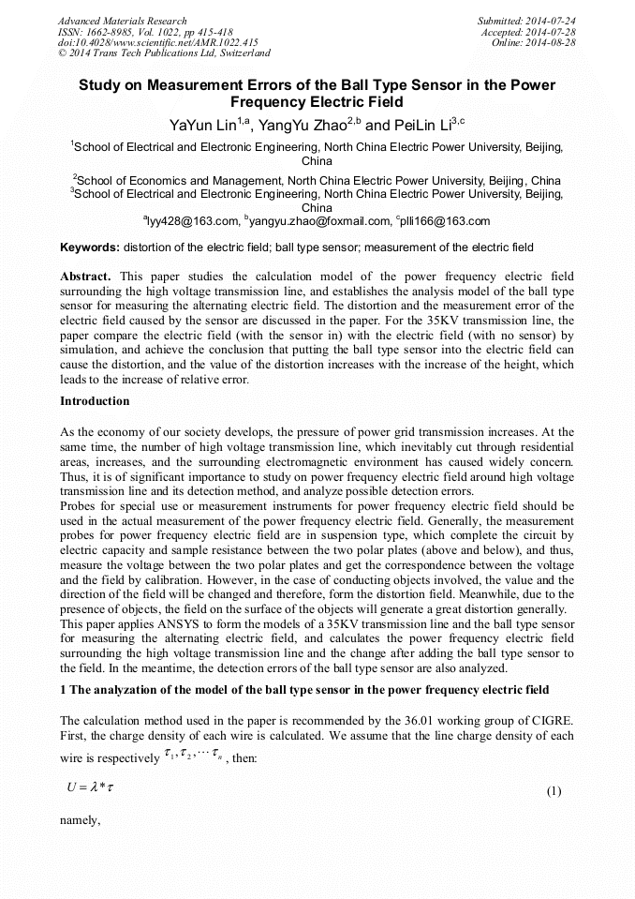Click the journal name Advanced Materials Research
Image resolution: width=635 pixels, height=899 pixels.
click(x=123, y=21)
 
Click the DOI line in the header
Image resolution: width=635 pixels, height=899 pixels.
click(x=157, y=43)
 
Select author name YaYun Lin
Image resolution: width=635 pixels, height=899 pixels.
click(x=201, y=125)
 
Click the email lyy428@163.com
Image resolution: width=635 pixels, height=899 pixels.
click(x=192, y=221)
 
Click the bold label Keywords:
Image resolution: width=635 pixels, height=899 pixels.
click(x=89, y=248)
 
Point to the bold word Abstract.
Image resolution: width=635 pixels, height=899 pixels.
click(x=85, y=277)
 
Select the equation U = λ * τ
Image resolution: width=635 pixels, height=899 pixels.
click(x=90, y=790)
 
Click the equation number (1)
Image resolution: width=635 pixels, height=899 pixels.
click(x=554, y=791)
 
